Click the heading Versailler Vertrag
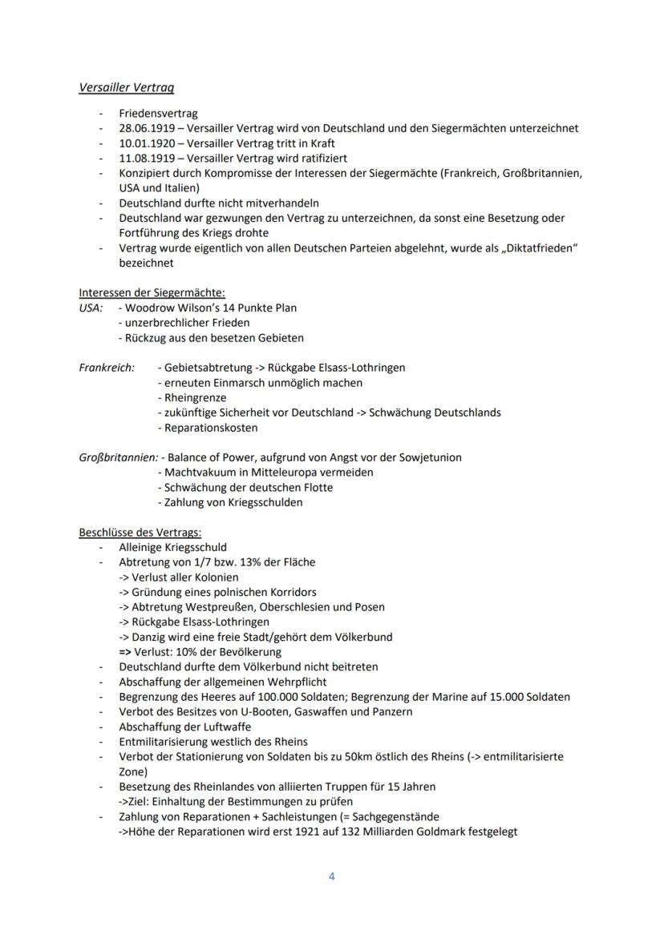[x=127, y=88]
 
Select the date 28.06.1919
[x=144, y=128]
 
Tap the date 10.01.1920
[x=144, y=143]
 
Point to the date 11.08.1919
[x=144, y=158]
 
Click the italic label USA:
[x=91, y=308]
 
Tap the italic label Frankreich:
[x=107, y=368]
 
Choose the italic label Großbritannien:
[x=117, y=457]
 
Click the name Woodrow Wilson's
[x=165, y=308]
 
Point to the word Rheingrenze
[x=195, y=398]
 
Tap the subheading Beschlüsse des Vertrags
[x=140, y=533]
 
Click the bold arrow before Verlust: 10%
[x=125, y=652]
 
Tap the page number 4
[x=332, y=876]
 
